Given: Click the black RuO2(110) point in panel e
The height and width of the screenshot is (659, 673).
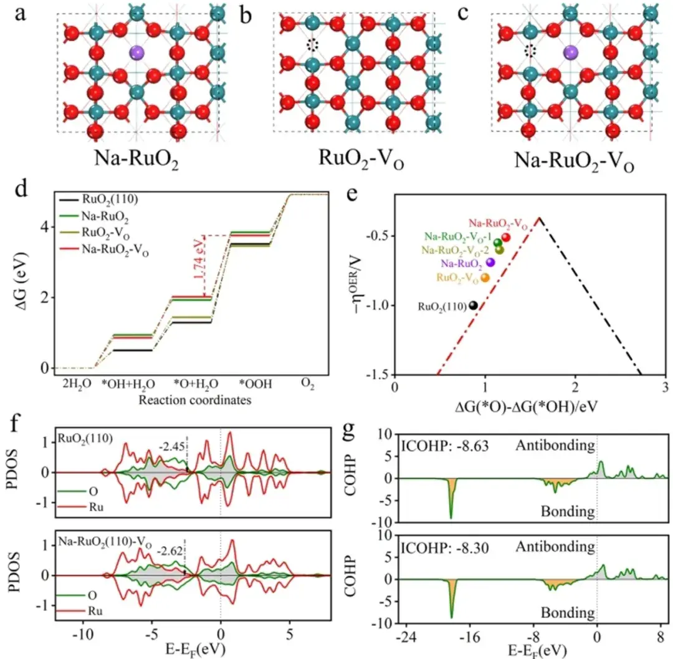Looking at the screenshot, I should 474,305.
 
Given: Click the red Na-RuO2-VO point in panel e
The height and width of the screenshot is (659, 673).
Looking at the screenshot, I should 506,237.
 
